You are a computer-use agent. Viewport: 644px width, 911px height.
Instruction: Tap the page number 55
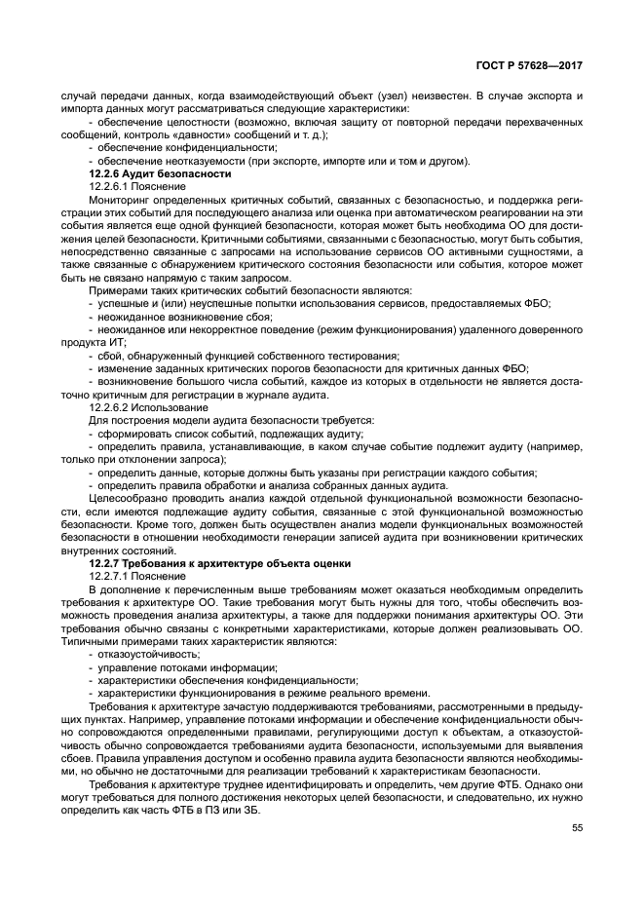click(x=577, y=827)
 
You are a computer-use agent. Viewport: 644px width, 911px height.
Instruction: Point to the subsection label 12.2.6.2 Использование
click(x=154, y=406)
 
